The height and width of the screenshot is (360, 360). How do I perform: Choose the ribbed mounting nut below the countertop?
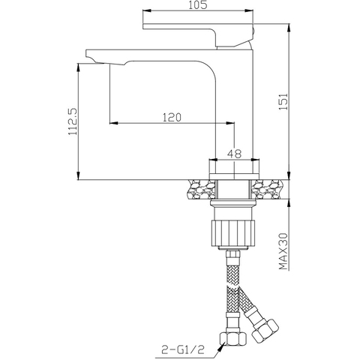pos(234,230)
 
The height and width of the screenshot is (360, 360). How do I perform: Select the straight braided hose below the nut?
pos(232,292)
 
